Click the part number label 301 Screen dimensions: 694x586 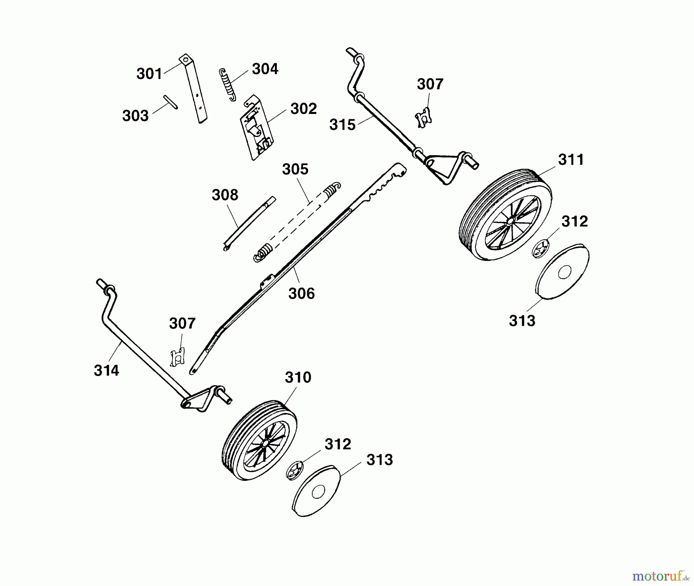(x=149, y=74)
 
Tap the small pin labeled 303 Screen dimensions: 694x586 (x=170, y=102)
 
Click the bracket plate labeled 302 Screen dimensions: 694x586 (x=256, y=127)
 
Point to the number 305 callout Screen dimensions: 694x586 (x=295, y=169)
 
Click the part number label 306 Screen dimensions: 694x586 (x=302, y=294)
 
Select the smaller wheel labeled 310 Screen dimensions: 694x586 (x=260, y=440)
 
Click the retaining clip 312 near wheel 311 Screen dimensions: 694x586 (x=542, y=248)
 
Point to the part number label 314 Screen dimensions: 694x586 (x=106, y=371)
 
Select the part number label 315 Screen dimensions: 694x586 (x=342, y=125)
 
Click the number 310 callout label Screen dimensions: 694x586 (x=298, y=378)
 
